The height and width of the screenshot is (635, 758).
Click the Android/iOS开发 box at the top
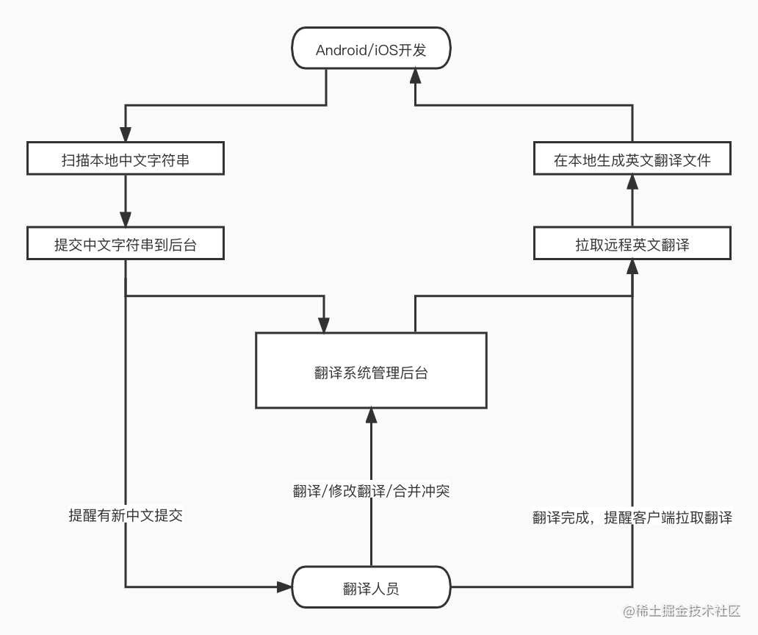[x=371, y=50]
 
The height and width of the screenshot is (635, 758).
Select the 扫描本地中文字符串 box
[x=125, y=159]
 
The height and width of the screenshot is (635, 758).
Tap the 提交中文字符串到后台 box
[x=125, y=245]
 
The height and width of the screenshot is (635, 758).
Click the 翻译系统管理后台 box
[x=371, y=370]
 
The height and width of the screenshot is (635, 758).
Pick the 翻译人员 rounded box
[x=371, y=587]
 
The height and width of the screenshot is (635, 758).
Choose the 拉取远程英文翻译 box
[x=632, y=245]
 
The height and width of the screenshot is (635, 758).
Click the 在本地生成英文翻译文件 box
[x=632, y=159]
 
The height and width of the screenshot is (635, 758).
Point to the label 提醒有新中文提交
[x=126, y=516]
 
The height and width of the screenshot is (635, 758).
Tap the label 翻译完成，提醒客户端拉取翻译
[x=632, y=517]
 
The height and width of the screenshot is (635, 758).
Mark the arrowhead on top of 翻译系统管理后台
[x=323, y=324]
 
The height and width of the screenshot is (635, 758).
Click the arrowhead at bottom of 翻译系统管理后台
[x=371, y=416]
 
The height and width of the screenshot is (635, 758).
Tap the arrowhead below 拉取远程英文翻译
[x=632, y=268]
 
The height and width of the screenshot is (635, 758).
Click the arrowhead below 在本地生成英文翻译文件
[x=632, y=182]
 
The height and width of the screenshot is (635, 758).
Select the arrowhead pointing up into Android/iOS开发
[x=416, y=73]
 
